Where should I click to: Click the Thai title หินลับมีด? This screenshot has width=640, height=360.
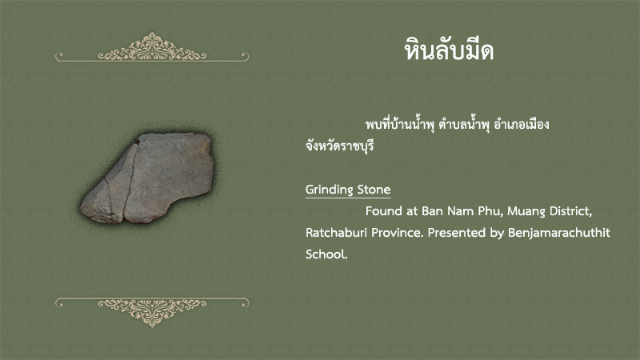click(x=449, y=50)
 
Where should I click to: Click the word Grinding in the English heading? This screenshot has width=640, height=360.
click(x=330, y=190)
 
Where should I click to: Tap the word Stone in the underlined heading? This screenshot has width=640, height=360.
click(x=374, y=190)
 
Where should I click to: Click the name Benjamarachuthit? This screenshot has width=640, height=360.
click(x=558, y=233)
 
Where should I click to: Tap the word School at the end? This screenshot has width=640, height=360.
click(x=326, y=254)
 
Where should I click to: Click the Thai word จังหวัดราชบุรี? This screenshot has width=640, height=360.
click(x=339, y=146)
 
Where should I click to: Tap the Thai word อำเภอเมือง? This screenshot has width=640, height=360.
click(x=522, y=124)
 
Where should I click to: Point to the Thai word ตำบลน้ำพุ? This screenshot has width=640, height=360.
click(x=464, y=124)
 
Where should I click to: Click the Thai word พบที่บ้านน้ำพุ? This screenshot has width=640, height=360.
click(x=399, y=124)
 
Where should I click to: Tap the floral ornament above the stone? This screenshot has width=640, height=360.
click(x=152, y=48)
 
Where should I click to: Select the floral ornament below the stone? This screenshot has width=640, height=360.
click(x=152, y=312)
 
